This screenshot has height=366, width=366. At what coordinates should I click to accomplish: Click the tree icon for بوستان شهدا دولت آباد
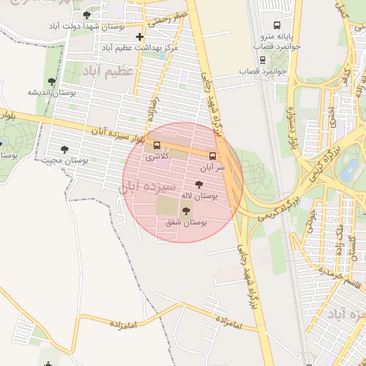(87, 14)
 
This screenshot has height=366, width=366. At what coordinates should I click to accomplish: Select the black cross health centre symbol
(140, 36)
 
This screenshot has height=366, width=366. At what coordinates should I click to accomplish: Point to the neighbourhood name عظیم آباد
(108, 72)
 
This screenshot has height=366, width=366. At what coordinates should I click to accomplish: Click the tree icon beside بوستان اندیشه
(51, 81)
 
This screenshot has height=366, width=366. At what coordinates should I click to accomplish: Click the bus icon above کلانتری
(157, 145)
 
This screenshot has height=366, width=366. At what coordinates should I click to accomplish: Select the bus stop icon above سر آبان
(212, 155)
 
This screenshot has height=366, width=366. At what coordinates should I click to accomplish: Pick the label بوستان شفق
(186, 223)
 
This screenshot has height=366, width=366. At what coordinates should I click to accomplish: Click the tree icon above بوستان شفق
(187, 211)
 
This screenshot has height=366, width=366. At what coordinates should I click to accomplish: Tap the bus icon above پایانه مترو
(277, 26)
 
